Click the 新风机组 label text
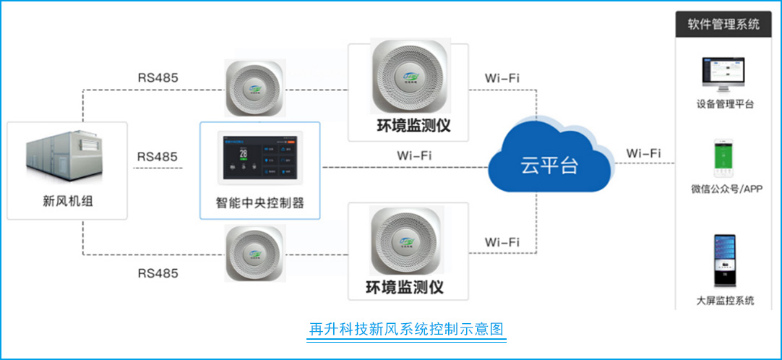(68, 201)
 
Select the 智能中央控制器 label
(259, 203)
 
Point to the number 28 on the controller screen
(244, 153)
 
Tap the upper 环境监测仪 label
(408, 125)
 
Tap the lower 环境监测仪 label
(408, 287)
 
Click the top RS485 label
(158, 77)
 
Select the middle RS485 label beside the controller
(158, 156)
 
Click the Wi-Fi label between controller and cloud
(415, 155)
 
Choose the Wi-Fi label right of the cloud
(643, 153)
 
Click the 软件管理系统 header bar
(723, 25)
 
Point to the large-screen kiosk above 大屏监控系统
(723, 260)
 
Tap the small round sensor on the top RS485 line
(254, 87)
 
